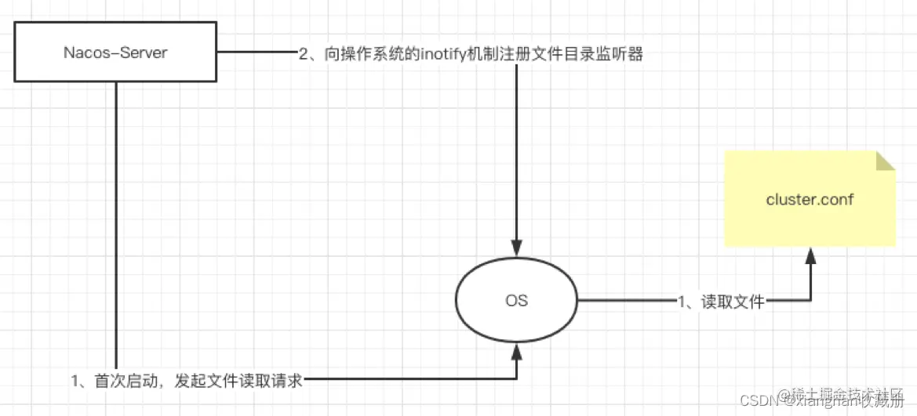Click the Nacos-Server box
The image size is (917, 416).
pyautogui.click(x=115, y=53)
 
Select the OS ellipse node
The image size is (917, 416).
pyautogui.click(x=516, y=301)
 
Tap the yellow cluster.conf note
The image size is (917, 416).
pyautogui.click(x=810, y=199)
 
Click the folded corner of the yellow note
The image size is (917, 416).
pyautogui.click(x=885, y=161)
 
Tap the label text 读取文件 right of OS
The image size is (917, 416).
pyautogui.click(x=733, y=302)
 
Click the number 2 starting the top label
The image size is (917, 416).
pyautogui.click(x=303, y=56)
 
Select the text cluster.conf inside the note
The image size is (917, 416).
pyautogui.click(x=810, y=199)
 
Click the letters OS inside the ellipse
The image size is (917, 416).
pyautogui.click(x=516, y=301)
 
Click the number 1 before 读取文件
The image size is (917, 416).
pyautogui.click(x=682, y=302)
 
